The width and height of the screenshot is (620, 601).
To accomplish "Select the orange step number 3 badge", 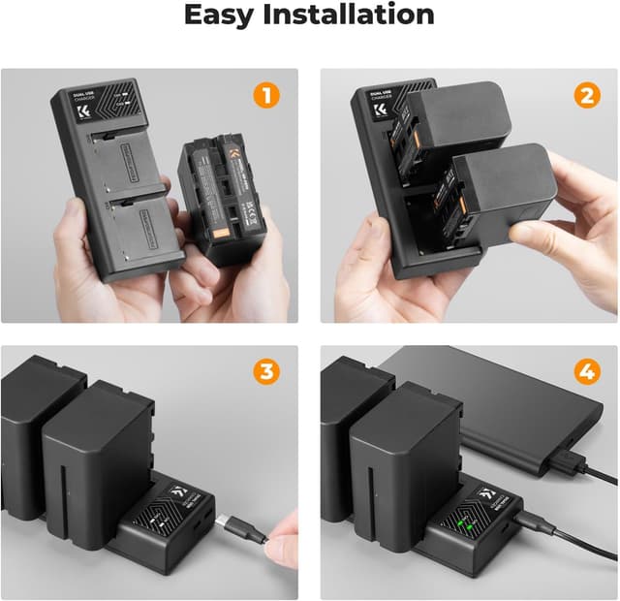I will pos(267,372).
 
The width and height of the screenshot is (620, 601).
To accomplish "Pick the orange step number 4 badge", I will pos(586,372).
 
